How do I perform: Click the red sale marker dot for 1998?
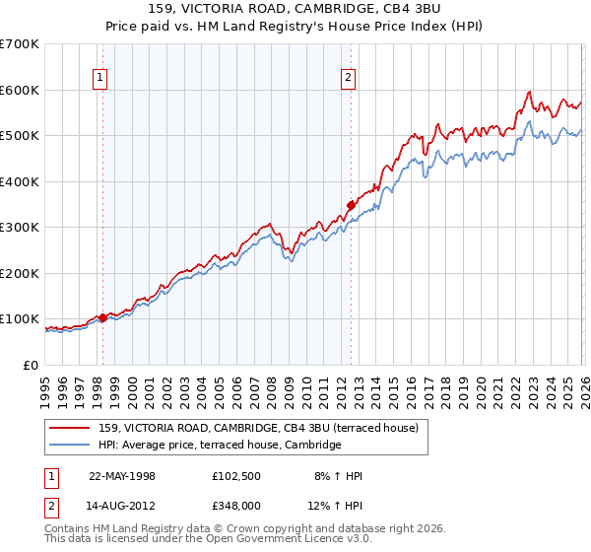(x=102, y=317)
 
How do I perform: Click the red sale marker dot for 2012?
(x=350, y=205)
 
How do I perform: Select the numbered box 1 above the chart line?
(x=101, y=81)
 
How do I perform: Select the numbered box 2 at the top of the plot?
(x=349, y=81)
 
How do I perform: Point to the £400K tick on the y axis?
(x=20, y=181)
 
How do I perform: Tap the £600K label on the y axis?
(x=20, y=90)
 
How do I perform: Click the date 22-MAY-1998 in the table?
(x=122, y=476)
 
